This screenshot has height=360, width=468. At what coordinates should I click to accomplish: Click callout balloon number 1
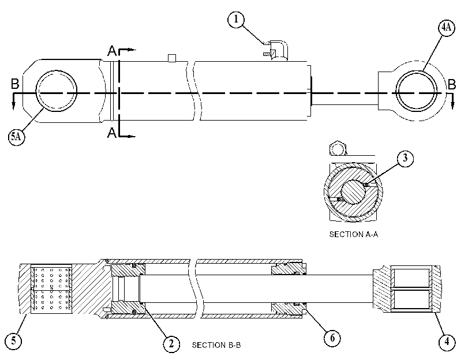(236, 20)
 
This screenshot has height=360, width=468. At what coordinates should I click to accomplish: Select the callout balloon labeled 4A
(447, 28)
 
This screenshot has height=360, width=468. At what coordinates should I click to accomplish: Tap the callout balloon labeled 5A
(16, 137)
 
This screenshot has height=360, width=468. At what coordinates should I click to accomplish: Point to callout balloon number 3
(405, 158)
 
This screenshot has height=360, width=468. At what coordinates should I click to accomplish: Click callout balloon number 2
(171, 344)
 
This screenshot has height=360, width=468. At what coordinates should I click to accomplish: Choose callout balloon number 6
(332, 338)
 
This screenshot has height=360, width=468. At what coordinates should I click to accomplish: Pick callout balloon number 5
(14, 341)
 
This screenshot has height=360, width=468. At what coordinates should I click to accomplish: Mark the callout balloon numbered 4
(447, 341)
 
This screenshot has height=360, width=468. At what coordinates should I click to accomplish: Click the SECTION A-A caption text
(354, 234)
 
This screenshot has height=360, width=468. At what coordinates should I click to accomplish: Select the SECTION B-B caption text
(216, 345)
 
